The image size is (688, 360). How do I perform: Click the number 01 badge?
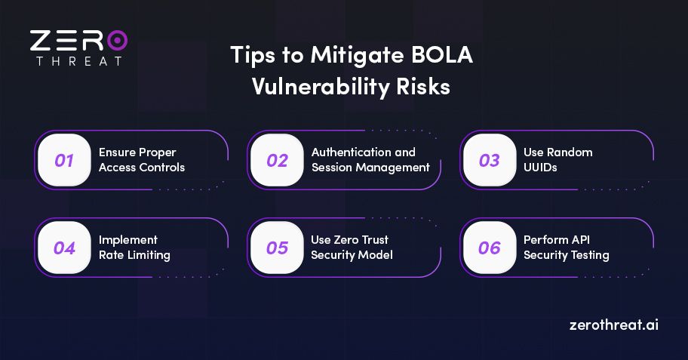[x=64, y=160]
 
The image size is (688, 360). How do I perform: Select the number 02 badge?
[x=277, y=160]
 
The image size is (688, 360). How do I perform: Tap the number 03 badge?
[x=490, y=160]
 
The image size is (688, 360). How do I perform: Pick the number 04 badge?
[x=64, y=248]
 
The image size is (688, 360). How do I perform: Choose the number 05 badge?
[x=277, y=248]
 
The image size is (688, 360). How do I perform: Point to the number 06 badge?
[x=490, y=248]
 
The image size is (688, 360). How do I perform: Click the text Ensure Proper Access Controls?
[x=141, y=160]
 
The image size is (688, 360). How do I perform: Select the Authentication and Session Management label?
[x=370, y=160]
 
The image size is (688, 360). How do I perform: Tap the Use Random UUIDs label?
[x=557, y=160]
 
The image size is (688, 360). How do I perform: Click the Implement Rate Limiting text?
[x=134, y=248]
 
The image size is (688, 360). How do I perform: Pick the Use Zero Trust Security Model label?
[x=352, y=248]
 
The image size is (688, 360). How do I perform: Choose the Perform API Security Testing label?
[x=566, y=248]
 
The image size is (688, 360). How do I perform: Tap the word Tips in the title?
[x=250, y=57]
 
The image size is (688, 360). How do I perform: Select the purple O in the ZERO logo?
[x=117, y=40]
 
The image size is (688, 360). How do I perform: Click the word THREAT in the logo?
[x=78, y=60]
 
